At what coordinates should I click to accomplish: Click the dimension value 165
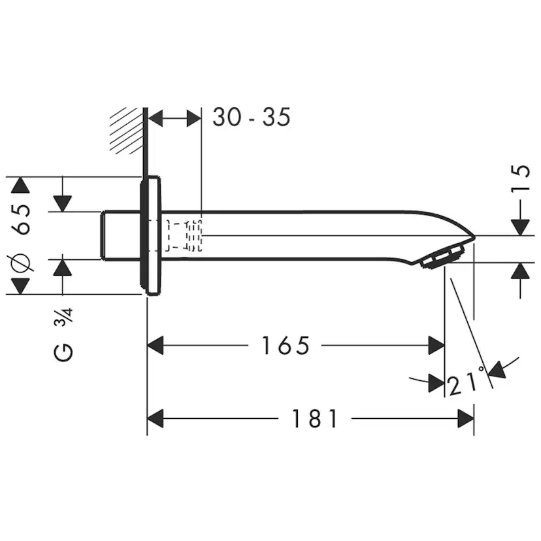[286, 346]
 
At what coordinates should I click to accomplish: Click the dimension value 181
[316, 419]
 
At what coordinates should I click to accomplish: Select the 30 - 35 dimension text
[251, 118]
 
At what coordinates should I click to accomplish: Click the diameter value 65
[22, 219]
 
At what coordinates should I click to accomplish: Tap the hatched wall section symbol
[127, 130]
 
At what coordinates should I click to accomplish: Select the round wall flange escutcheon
[150, 236]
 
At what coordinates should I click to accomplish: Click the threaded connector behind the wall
[120, 236]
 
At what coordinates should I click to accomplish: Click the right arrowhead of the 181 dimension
[466, 419]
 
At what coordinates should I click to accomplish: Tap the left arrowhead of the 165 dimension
[156, 346]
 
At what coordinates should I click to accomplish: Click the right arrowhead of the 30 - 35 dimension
[193, 118]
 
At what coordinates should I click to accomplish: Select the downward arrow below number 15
[520, 226]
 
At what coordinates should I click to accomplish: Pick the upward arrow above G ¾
[63, 267]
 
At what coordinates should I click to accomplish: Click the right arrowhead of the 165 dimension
[436, 346]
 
